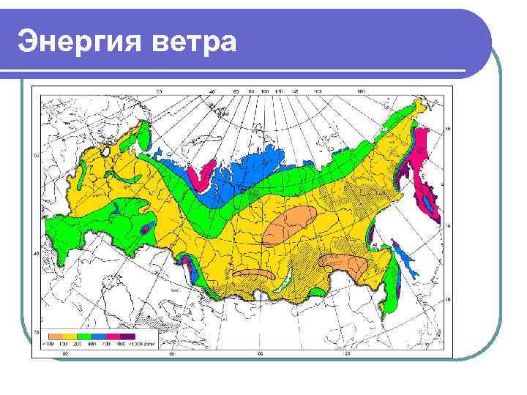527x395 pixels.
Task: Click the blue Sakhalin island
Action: (403, 257)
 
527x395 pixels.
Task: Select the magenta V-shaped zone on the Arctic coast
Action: (198, 176)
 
